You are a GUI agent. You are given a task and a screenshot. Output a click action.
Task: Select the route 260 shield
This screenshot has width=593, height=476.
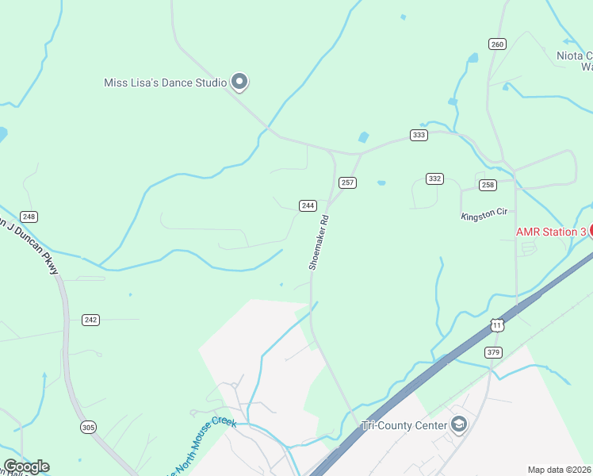[x=497, y=44]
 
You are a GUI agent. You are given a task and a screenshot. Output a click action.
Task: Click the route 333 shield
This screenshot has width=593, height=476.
[x=419, y=135]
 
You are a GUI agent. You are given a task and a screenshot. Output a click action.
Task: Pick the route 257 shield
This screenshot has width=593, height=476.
[x=347, y=182]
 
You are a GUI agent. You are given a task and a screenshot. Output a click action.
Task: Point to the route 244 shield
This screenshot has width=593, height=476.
[x=308, y=205]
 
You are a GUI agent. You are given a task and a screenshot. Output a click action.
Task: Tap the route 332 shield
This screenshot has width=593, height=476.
[x=434, y=178]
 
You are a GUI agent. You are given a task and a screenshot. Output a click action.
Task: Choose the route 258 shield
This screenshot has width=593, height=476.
[x=488, y=185]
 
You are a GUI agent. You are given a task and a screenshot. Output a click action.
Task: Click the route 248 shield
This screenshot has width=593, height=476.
[x=29, y=217]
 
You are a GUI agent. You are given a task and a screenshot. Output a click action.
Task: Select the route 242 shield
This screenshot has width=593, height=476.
[x=90, y=320]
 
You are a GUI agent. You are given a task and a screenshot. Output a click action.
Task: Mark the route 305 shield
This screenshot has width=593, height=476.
[x=88, y=428]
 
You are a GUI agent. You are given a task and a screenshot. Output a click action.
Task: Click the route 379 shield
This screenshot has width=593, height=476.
[x=493, y=352]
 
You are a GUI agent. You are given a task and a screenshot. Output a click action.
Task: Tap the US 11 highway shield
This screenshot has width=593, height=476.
[x=497, y=325]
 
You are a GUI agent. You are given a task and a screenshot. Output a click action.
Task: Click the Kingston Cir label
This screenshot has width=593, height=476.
[x=484, y=215]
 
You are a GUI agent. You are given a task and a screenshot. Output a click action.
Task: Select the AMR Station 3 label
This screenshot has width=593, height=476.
[x=551, y=232]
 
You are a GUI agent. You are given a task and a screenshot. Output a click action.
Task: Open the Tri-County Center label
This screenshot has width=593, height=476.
[x=402, y=425]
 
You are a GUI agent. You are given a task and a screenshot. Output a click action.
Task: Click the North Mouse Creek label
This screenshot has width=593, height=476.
[x=202, y=444]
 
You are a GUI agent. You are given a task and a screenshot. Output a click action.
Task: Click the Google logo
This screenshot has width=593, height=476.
[x=26, y=466]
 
